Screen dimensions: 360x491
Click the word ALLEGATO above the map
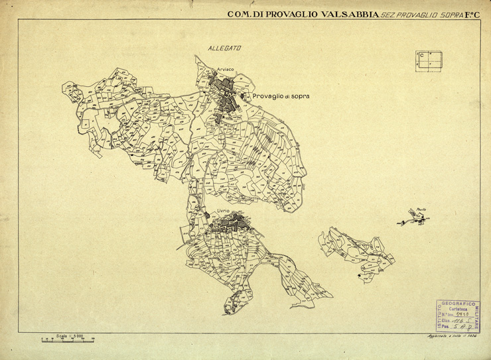point(224,48)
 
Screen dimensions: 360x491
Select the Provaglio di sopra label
point(281,96)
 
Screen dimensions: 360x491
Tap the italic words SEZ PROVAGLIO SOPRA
point(418,13)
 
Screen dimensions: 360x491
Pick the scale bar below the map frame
point(67,340)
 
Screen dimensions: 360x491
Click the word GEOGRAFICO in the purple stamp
point(461,304)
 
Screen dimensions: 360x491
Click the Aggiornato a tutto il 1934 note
point(453,337)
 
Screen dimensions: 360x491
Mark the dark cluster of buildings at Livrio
point(229,225)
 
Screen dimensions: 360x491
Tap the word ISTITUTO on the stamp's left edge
point(440,316)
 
